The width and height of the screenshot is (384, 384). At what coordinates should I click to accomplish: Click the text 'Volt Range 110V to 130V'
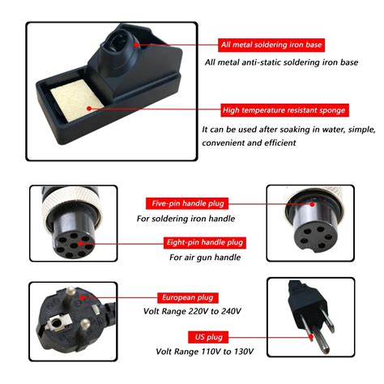coord(206,352)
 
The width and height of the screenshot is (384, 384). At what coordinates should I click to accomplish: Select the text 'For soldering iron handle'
coord(187,218)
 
